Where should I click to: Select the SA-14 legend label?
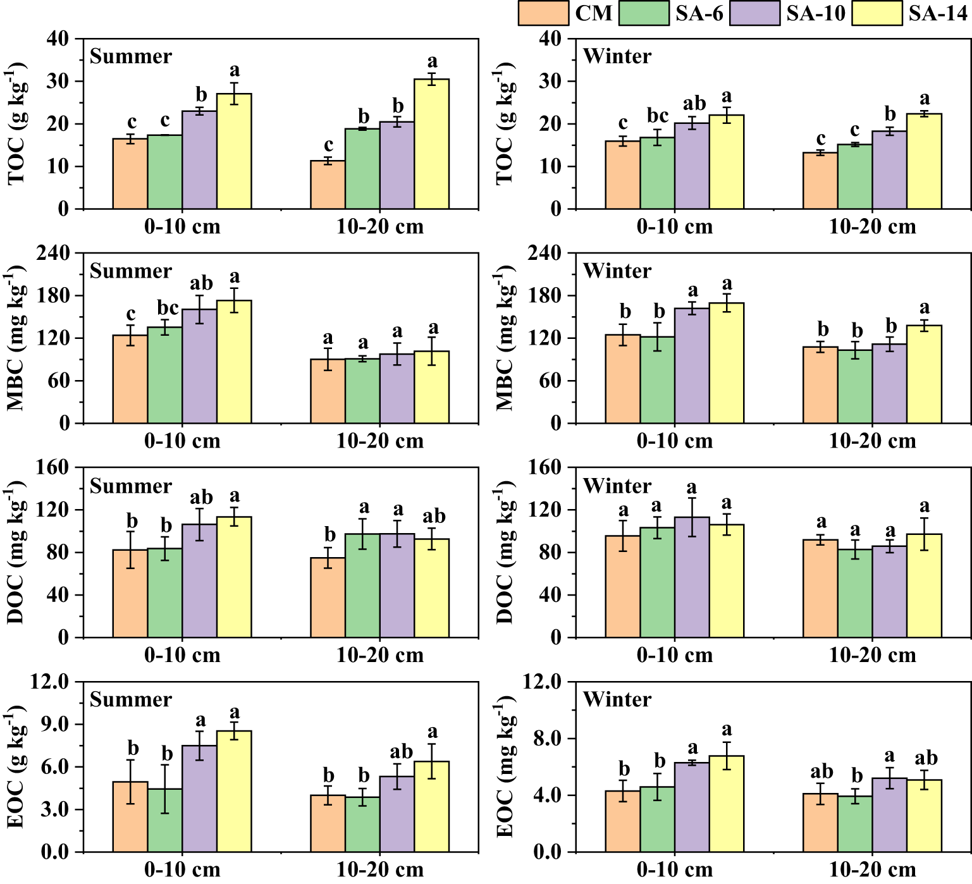tap(938, 13)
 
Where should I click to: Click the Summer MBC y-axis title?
tap(16, 338)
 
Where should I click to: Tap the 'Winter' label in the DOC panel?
tap(617, 486)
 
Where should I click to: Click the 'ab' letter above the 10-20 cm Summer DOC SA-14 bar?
tap(433, 517)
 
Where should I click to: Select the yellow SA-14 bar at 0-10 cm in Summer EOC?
tap(234, 791)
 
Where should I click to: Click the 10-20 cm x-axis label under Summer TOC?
tap(379, 227)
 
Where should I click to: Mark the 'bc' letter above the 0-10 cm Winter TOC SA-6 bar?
tap(657, 116)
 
